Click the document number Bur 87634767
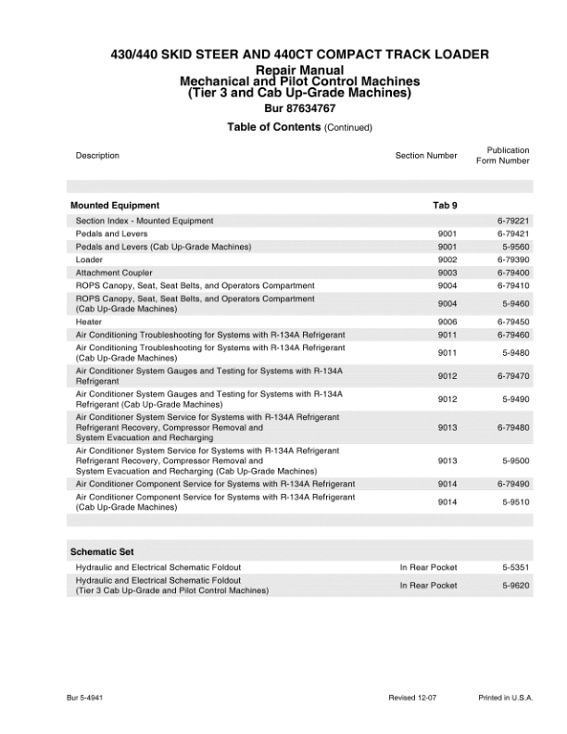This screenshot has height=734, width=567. coord(283,109)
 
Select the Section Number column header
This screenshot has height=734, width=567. coord(425,156)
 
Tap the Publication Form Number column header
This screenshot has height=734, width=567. coord(503,155)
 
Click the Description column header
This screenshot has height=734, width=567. coord(97,156)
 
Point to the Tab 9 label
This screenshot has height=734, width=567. coord(445,205)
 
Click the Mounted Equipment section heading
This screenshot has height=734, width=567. coord(115,205)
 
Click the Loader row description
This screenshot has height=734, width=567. coord(89,260)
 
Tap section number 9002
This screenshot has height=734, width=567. coord(447,260)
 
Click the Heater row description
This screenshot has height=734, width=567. coord(89,322)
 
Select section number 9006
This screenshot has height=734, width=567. coord(447,322)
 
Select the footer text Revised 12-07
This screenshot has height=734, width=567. coord(412,696)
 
